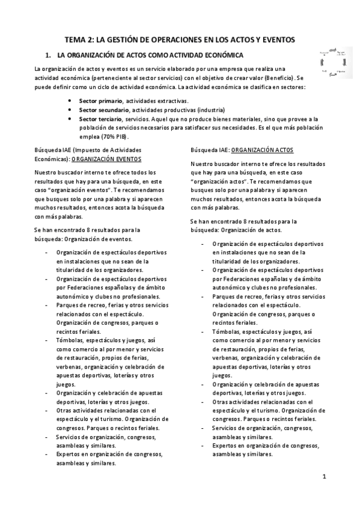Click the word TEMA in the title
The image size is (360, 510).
click(x=76, y=40)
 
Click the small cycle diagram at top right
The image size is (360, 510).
click(x=332, y=62)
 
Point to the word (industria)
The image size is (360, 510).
click(x=209, y=110)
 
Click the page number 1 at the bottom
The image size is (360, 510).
click(x=324, y=478)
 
